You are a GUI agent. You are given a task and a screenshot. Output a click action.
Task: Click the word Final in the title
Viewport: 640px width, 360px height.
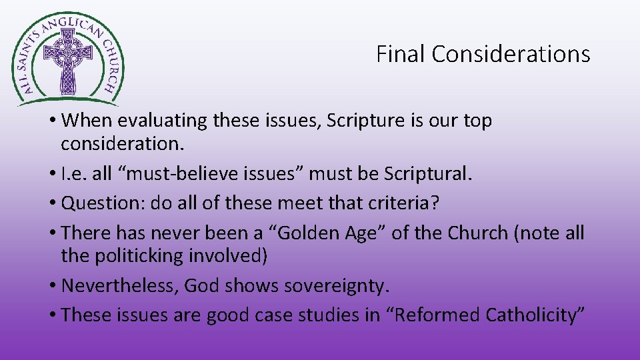tap(401, 54)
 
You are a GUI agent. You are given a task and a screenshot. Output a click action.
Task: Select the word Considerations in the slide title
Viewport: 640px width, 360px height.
tap(511, 54)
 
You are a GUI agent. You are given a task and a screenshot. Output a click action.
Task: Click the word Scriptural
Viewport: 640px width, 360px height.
tap(427, 174)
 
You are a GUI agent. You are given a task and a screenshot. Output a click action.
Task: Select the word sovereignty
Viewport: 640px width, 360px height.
tap(337, 286)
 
